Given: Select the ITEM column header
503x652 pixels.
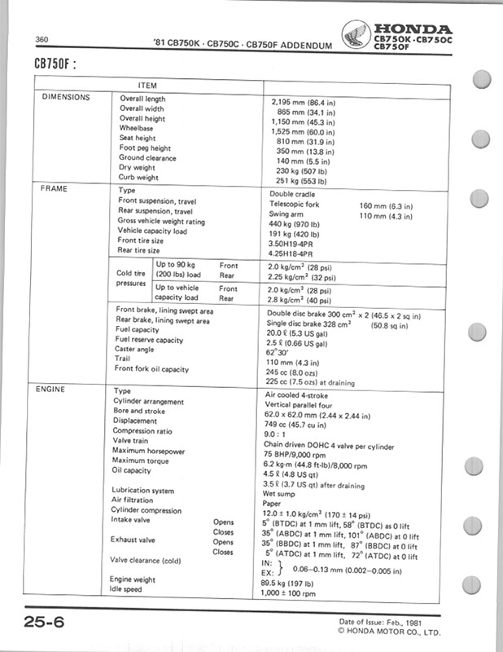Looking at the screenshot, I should point(147,85).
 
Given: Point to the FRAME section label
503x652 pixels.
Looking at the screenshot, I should point(54,188).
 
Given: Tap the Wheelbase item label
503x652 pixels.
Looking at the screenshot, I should point(136,128).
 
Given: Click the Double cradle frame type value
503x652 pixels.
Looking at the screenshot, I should point(294,194).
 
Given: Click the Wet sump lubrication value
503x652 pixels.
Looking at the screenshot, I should point(283,492).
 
